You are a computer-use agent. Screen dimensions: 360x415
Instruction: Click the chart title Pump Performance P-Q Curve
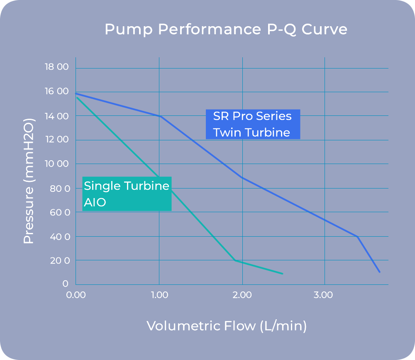(x=226, y=30)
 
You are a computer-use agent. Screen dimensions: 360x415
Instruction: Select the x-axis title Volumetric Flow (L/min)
(x=227, y=326)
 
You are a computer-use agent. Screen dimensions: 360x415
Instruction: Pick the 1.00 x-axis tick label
(x=159, y=295)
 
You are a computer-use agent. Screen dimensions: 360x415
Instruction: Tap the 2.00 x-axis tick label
(x=242, y=295)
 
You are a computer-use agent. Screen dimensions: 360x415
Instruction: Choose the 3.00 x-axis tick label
(x=324, y=295)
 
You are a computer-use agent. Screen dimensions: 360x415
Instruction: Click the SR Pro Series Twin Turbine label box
(x=252, y=124)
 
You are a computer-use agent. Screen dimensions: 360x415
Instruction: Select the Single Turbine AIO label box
(x=127, y=194)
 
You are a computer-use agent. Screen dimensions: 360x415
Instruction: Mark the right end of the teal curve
(x=283, y=274)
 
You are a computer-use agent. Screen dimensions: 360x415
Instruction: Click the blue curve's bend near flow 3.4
(x=357, y=236)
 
